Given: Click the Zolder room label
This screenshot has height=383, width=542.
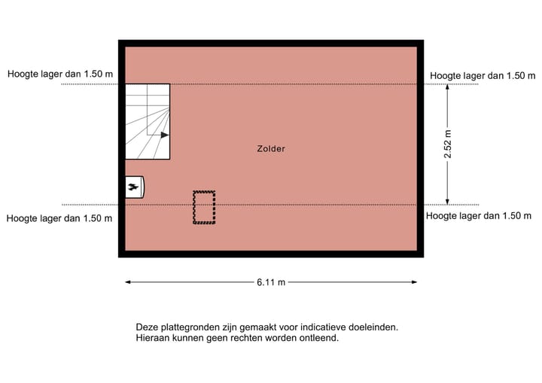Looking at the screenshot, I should pos(271,149).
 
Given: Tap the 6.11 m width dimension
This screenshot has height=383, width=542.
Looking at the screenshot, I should pos(271,283).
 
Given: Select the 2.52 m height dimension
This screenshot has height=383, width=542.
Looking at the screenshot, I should pos(449,144).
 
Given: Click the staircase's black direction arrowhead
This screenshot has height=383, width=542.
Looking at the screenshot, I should pos(165,135).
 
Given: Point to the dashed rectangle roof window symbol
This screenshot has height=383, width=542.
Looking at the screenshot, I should pos(204,207).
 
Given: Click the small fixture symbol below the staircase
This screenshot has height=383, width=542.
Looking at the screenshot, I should pos(134,187).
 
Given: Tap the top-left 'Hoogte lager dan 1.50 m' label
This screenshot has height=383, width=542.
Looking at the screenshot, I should pos(60,74).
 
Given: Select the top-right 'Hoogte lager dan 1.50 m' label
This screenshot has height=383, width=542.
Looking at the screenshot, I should pos(483,76).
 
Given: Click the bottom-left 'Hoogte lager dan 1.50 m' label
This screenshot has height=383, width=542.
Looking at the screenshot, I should pos(59,218).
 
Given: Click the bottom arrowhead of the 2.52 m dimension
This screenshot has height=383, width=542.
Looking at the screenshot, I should pos(448,201).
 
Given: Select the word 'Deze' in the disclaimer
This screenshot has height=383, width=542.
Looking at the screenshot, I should pos(148,327).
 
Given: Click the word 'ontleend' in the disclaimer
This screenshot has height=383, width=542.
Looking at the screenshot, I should pos(318,339).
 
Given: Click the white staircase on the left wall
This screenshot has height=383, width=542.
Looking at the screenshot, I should pos(147,120).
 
